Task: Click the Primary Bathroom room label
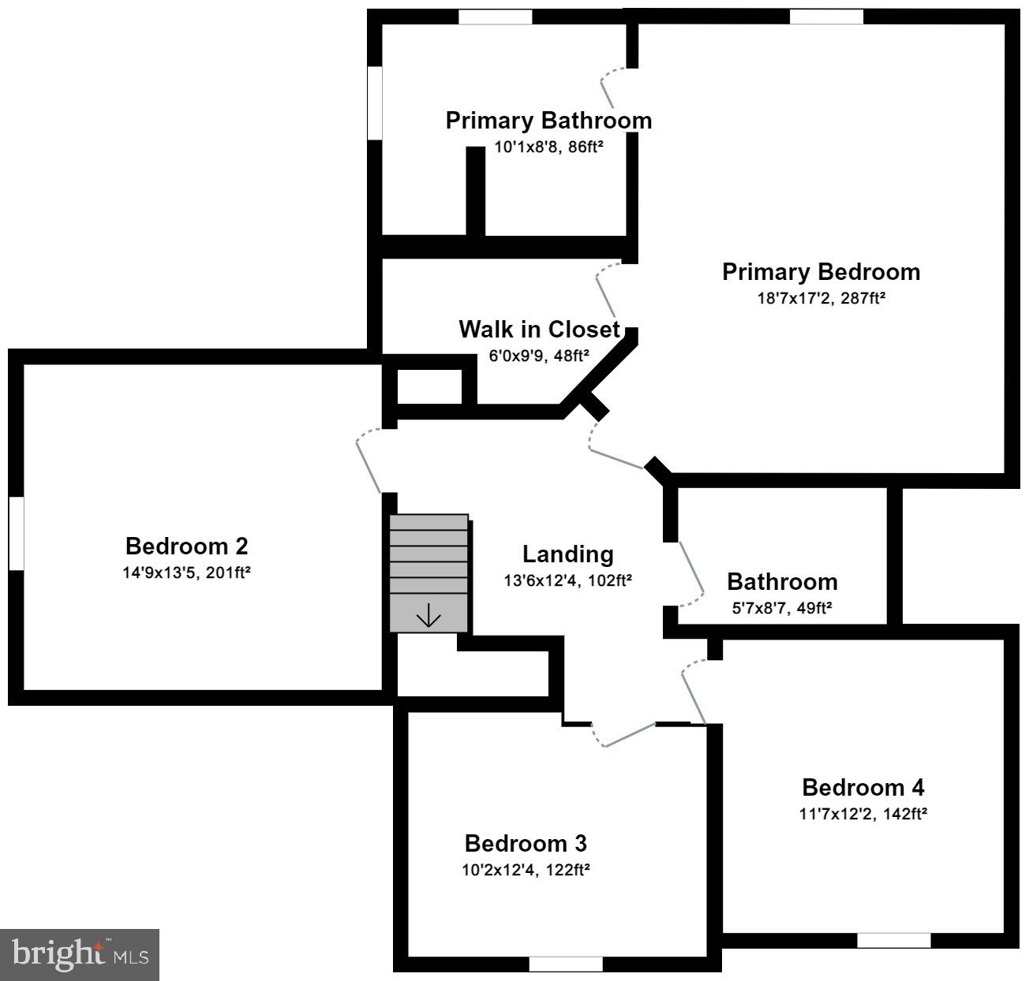[x=548, y=121]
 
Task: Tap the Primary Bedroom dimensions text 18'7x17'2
[x=820, y=298]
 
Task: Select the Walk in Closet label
[x=539, y=329]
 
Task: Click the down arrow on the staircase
[x=428, y=615]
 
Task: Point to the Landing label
[x=567, y=554]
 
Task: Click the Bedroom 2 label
[x=186, y=546]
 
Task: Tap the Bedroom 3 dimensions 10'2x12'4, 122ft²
[x=526, y=870]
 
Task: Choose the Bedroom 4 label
[x=862, y=787]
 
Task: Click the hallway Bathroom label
[x=781, y=582]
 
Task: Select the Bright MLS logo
[x=80, y=955]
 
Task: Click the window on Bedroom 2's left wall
[x=16, y=532]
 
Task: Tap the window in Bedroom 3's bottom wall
[x=565, y=964]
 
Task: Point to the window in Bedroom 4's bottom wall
[x=893, y=940]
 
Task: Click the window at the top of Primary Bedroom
[x=826, y=17]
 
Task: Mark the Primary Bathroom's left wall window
[x=376, y=103]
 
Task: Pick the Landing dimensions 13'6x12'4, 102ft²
[x=567, y=581]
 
